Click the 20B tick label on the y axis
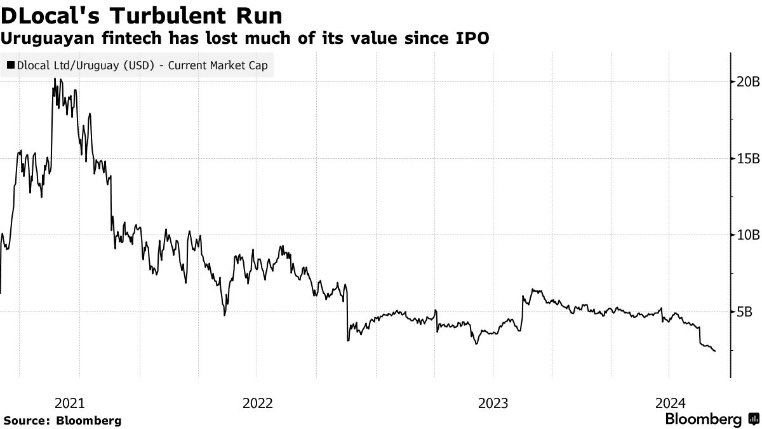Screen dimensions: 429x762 pyautogui.click(x=747, y=81)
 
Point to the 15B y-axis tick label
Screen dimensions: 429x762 pyautogui.click(x=747, y=158)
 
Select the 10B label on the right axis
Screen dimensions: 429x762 pyautogui.click(x=747, y=235)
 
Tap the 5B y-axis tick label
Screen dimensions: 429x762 pyautogui.click(x=744, y=312)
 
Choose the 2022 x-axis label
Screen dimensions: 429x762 pyautogui.click(x=258, y=403)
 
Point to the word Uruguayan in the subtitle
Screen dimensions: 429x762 pyautogui.click(x=44, y=39)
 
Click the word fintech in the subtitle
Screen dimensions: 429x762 pyautogui.click(x=128, y=39)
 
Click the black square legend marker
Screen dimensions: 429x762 pyautogui.click(x=11, y=65)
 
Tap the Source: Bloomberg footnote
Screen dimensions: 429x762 pyautogui.click(x=62, y=421)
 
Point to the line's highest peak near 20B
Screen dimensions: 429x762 pyautogui.click(x=54, y=79)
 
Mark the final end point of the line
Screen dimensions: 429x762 pyautogui.click(x=715, y=351)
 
